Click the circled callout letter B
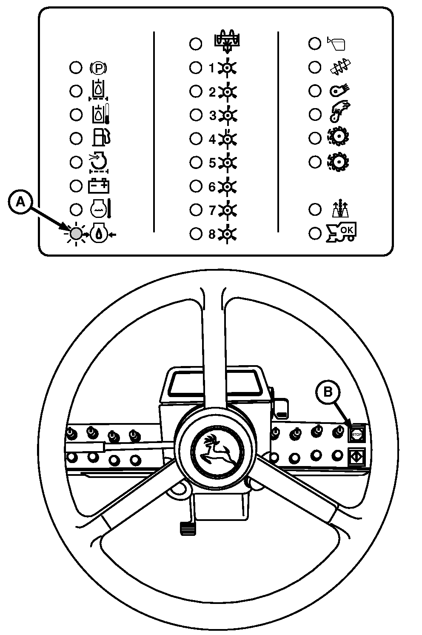pyautogui.click(x=328, y=392)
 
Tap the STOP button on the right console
pyautogui.click(x=356, y=435)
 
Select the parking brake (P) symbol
pyautogui.click(x=99, y=68)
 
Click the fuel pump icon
pyautogui.click(x=101, y=138)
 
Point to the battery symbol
pyautogui.click(x=99, y=186)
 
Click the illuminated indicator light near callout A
pyautogui.click(x=76, y=234)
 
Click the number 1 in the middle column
pyautogui.click(x=211, y=68)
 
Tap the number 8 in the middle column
pyautogui.click(x=211, y=234)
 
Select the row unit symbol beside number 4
pyautogui.click(x=228, y=139)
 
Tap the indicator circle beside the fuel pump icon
pyautogui.click(x=76, y=138)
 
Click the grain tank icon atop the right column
pyautogui.click(x=336, y=44)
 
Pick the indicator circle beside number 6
pyautogui.click(x=195, y=186)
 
